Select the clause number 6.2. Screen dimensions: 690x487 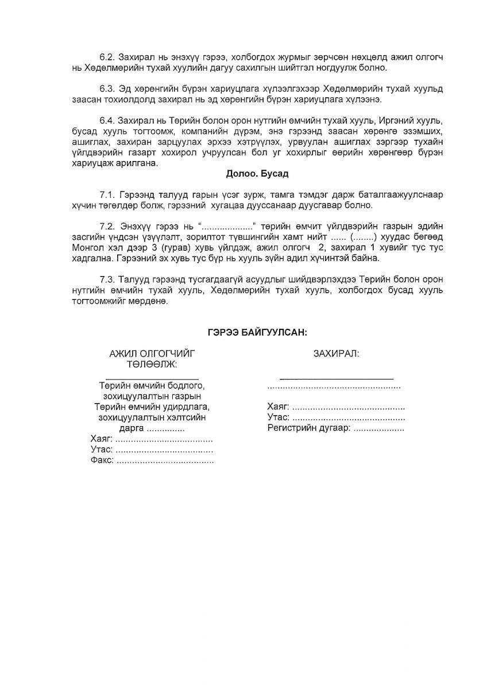click(107, 59)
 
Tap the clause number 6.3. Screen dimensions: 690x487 click(107, 89)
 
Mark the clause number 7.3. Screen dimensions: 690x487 click(107, 279)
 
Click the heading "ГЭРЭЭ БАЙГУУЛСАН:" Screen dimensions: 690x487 click(257, 332)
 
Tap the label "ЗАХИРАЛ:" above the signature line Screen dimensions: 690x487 click(336, 353)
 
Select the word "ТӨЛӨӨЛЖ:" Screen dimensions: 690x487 click(152, 364)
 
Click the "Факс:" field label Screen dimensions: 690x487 click(102, 461)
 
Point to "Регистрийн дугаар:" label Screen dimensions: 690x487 click(308, 428)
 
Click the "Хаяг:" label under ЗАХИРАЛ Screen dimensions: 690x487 click(279, 407)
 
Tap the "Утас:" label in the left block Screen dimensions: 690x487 click(102, 450)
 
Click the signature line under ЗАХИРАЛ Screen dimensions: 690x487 click(336, 378)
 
